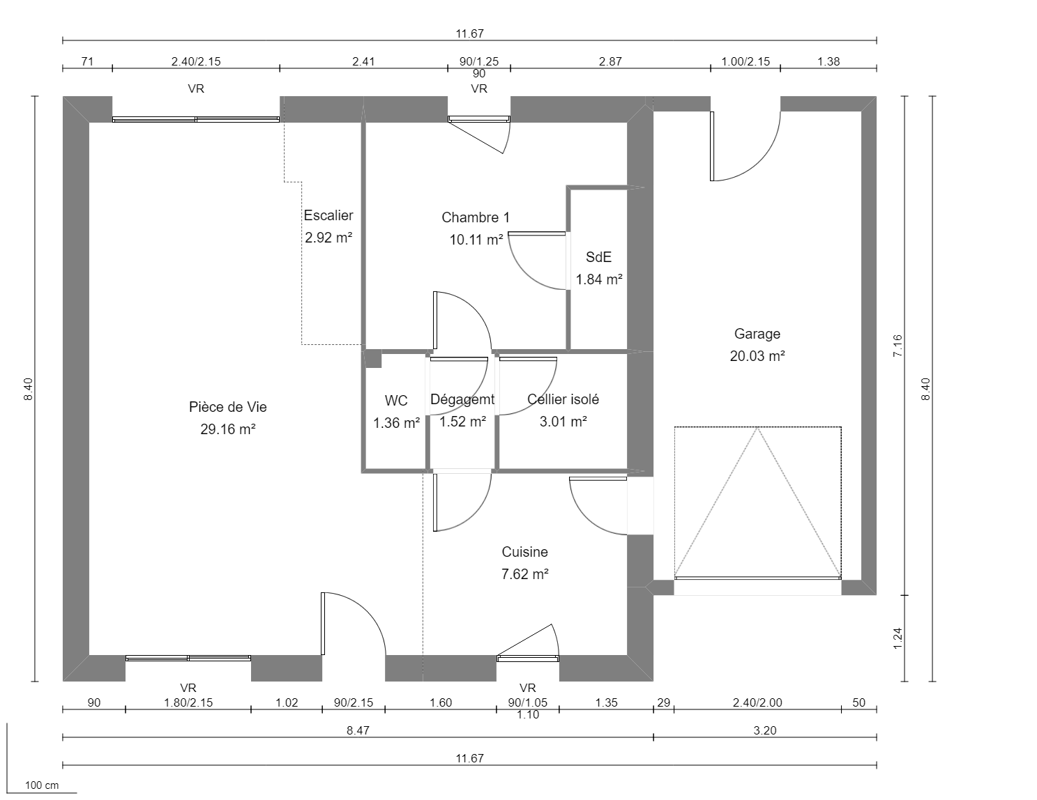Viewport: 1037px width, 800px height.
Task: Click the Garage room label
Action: pos(757,334)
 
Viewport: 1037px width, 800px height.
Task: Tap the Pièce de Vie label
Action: pos(227,407)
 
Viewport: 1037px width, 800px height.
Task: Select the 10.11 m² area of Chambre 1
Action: pos(476,240)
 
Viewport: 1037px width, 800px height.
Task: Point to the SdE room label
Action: pos(598,257)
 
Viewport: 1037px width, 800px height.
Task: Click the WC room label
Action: pos(396,401)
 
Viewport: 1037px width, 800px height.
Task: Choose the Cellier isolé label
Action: pos(563,399)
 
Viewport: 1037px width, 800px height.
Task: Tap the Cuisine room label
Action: pos(524,552)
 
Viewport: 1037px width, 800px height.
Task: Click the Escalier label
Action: pos(328,215)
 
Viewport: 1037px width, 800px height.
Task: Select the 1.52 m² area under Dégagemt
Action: pos(462,422)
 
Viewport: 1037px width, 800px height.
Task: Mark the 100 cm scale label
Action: pos(43,785)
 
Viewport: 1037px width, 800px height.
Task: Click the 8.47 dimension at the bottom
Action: pos(358,730)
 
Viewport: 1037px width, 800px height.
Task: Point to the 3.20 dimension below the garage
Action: pos(765,730)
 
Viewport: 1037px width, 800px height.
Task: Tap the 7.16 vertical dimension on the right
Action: pos(898,346)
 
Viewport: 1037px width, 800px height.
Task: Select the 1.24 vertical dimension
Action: pos(898,638)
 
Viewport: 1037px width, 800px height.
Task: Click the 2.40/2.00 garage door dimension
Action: pos(757,702)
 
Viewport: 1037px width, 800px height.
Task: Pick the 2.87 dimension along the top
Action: pos(610,61)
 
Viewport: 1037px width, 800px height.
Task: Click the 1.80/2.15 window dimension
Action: pos(188,702)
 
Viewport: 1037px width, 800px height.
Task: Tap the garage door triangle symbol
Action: pos(757,502)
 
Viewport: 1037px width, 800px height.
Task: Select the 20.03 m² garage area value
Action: pos(757,356)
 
